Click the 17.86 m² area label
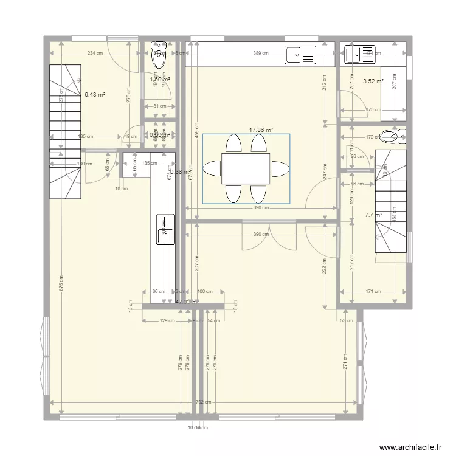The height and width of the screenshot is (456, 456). (261, 130)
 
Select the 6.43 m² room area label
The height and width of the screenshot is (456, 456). (95, 95)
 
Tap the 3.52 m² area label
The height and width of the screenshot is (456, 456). (373, 81)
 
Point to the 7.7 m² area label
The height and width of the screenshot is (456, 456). (371, 215)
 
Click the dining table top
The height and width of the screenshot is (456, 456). (246, 168)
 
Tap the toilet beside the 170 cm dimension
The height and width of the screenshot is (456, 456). (388, 136)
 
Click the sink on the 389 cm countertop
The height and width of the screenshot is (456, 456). (300, 55)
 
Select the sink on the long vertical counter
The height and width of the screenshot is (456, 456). (165, 229)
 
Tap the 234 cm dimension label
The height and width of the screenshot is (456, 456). (95, 54)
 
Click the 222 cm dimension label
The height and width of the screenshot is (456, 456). (326, 265)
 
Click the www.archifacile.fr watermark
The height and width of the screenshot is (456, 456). (410, 447)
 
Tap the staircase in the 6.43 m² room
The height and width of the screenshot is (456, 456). (65, 132)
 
